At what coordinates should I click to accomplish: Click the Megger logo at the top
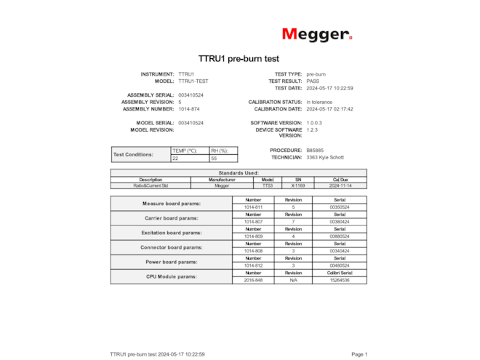(317, 34)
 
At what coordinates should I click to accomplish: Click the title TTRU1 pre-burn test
(239, 58)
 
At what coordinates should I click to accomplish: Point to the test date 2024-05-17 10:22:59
(329, 88)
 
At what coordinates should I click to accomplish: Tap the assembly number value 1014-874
(189, 109)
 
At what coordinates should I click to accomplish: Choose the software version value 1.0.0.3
(314, 123)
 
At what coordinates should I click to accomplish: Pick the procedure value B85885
(315, 150)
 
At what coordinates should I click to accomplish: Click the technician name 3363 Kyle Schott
(325, 157)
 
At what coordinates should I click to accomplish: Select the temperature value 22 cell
(189, 158)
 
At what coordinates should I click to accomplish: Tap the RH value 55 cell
(223, 158)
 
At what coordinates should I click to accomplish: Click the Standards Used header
(239, 172)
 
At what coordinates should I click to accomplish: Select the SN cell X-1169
(298, 185)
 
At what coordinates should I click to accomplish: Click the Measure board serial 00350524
(340, 207)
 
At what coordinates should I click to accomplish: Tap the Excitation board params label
(172, 233)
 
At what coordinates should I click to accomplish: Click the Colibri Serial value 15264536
(340, 280)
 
